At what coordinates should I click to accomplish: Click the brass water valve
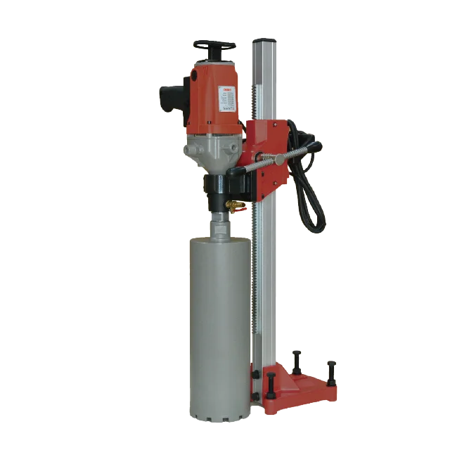point(237,205)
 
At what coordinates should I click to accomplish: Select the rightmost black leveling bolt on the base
point(331,371)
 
